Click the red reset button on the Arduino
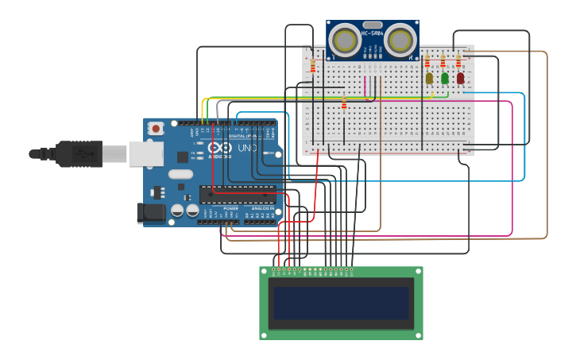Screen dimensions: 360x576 coord(157,128)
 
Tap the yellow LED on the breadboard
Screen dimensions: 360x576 coord(429,78)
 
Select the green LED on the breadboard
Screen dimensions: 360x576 coord(445,78)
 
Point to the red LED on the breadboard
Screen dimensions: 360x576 coord(460,78)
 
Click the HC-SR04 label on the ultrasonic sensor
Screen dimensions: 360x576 coord(373,33)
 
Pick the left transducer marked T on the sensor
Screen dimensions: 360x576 coord(346,40)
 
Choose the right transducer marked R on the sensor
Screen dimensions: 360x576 coord(400,40)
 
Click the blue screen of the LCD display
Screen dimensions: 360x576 coord(341,303)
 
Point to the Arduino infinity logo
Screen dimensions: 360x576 coord(219,148)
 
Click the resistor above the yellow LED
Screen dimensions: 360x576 coord(427,61)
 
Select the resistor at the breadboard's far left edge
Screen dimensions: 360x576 coord(312,66)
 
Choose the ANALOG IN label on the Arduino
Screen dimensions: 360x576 coord(262,208)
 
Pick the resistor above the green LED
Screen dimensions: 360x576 coord(443,61)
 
